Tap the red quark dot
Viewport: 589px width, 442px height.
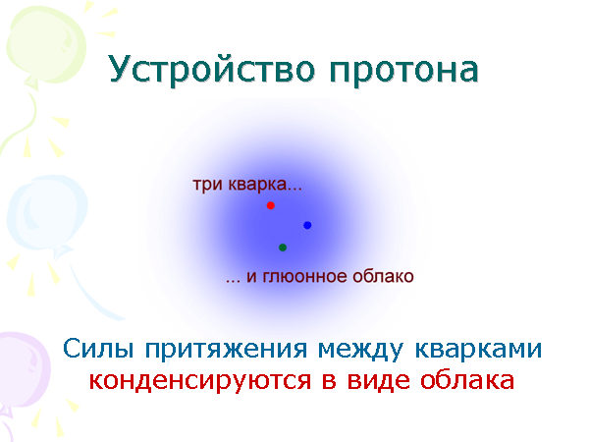[270, 205]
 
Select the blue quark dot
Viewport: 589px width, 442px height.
[307, 225]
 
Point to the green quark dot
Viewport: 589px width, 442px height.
[283, 248]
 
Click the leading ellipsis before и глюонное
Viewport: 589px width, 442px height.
[233, 279]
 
